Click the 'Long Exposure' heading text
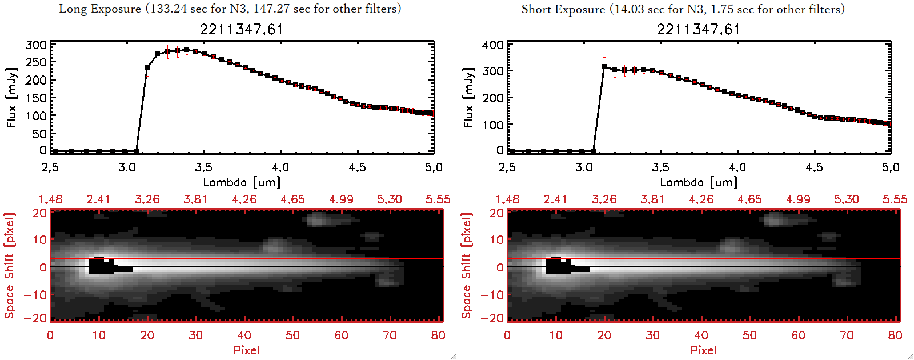[x=100, y=9]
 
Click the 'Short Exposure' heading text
[x=563, y=9]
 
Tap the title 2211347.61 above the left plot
[x=241, y=29]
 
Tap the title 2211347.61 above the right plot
[x=698, y=29]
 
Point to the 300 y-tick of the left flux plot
[x=36, y=45]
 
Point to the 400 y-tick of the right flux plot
[x=493, y=45]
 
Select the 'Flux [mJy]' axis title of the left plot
[x=12, y=97]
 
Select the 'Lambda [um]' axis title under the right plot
[x=699, y=182]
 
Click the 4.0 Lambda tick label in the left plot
[x=280, y=167]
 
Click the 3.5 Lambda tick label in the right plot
[x=660, y=167]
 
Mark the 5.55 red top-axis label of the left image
[x=438, y=199]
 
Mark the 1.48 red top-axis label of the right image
[x=507, y=199]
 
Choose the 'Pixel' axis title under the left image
[x=246, y=350]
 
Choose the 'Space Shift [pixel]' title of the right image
[x=467, y=266]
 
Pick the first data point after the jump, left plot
[x=147, y=67]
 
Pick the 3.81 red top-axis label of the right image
[x=652, y=199]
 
